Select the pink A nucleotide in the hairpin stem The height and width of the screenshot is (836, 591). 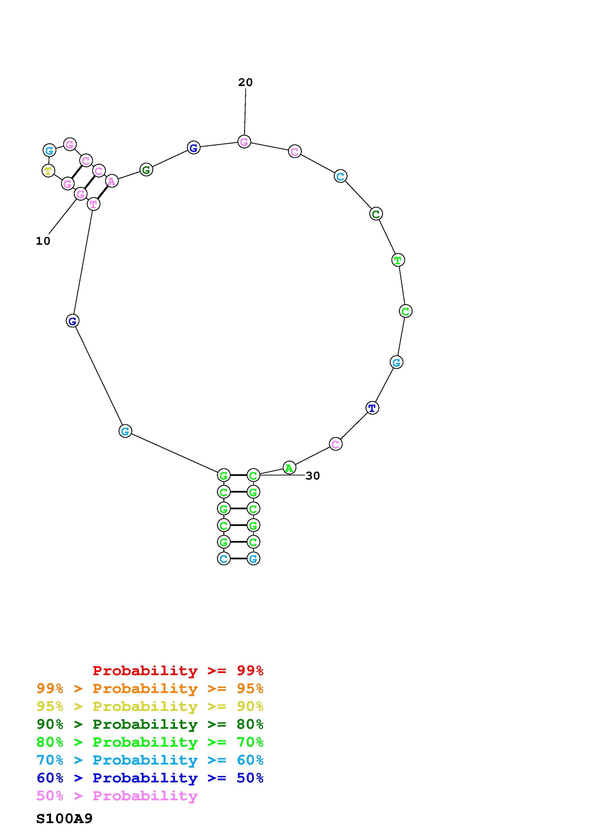[x=112, y=181]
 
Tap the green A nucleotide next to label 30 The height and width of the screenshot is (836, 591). [x=289, y=468]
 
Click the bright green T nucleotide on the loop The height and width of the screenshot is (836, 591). [x=398, y=260]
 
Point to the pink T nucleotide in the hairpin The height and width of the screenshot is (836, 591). [x=94, y=204]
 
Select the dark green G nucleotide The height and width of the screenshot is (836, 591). [x=146, y=170]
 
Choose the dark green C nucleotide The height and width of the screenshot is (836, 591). [x=376, y=214]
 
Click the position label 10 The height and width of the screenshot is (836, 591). [x=43, y=241]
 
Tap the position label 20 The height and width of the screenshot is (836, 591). [x=245, y=83]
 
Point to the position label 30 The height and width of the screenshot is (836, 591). [x=313, y=476]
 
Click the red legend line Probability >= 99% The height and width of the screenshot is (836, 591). [x=178, y=671]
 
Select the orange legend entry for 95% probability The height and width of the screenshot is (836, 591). [x=150, y=688]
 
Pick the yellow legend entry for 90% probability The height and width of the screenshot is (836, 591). [x=150, y=706]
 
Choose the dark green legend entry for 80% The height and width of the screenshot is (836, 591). [x=150, y=724]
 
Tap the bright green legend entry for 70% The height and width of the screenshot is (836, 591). [x=150, y=742]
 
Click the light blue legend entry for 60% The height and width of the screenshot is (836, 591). [x=150, y=760]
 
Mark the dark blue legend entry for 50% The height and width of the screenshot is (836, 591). [x=150, y=778]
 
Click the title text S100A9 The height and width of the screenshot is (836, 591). [x=64, y=819]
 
